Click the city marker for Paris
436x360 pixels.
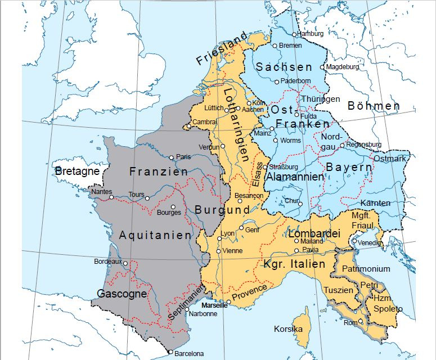point(172,157)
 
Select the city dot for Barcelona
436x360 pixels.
point(170,352)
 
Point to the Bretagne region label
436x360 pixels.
point(77,170)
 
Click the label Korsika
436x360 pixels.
point(288,328)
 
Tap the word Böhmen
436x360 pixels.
point(374,106)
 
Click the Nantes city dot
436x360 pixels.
point(111,197)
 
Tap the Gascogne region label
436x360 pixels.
point(122,294)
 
